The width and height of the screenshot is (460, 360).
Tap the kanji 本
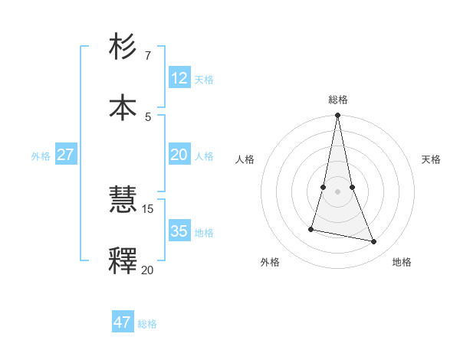[123, 106]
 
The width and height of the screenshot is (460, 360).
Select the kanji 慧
[123, 201]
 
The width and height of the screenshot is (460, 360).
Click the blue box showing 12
[179, 78]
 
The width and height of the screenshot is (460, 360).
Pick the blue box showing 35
[179, 231]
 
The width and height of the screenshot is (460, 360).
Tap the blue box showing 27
[66, 155]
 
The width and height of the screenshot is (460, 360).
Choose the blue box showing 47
[123, 322]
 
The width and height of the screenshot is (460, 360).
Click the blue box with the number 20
[179, 155]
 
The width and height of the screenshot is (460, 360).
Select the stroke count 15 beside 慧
[148, 208]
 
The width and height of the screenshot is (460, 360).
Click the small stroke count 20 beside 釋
[148, 270]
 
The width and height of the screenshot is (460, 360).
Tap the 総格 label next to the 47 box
[148, 324]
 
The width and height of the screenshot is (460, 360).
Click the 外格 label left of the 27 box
[41, 156]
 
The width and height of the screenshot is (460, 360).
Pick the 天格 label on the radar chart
[432, 159]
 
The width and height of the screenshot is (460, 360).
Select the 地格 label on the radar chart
[402, 262]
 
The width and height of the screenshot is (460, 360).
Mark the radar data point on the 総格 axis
[337, 116]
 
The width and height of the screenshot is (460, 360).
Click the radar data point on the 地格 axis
[374, 242]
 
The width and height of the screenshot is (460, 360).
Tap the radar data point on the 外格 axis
[311, 228]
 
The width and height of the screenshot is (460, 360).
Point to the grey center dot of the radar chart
[337, 191]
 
